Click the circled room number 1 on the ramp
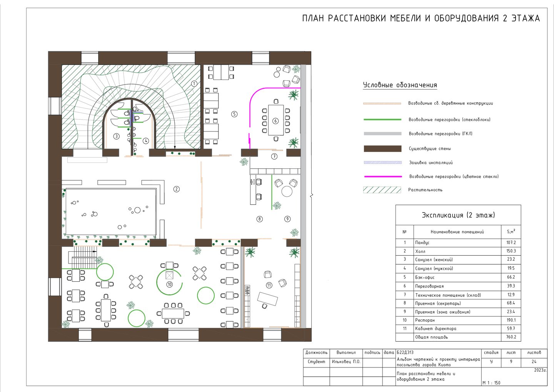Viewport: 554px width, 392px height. point(194,84)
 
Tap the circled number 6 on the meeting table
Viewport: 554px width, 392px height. point(275,121)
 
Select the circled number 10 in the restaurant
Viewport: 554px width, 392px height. point(169,284)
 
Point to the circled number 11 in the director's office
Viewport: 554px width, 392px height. point(269,286)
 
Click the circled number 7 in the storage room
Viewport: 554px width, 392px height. point(274,156)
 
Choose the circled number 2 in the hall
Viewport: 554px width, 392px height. point(176,189)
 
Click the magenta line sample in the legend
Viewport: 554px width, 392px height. point(383,177)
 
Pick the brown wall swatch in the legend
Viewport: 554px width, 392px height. point(382,148)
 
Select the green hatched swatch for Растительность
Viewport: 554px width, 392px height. point(382,190)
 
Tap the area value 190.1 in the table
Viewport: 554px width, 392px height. point(511,320)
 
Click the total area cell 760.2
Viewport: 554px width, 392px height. point(511,337)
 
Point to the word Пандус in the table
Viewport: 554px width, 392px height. point(422,243)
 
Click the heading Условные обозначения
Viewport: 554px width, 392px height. point(400,85)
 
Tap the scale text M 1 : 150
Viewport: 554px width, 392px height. point(491,383)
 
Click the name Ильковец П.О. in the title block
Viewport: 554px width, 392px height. point(346,362)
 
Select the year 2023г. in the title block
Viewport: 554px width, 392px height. point(540,370)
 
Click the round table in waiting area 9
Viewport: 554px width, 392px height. point(287,191)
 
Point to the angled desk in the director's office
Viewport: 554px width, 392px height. point(267,299)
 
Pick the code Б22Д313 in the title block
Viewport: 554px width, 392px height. point(405,352)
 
